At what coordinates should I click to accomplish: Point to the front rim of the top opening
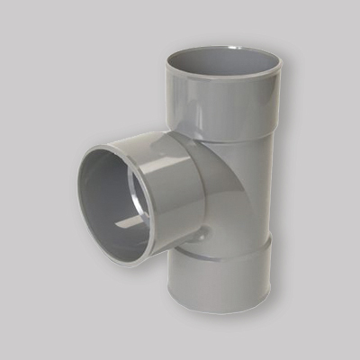[222, 78]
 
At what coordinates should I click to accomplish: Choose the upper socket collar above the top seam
[222, 103]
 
